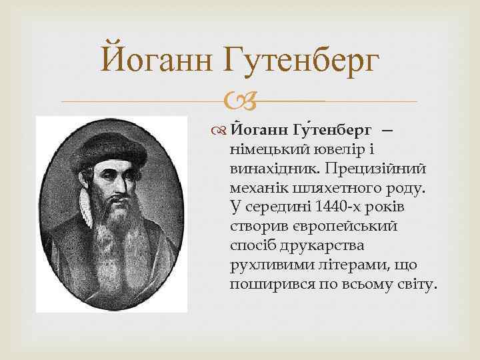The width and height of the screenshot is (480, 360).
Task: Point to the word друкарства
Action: coord(315,246)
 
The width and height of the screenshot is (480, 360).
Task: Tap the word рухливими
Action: coord(265,265)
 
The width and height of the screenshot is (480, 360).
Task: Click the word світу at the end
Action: coord(417,285)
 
